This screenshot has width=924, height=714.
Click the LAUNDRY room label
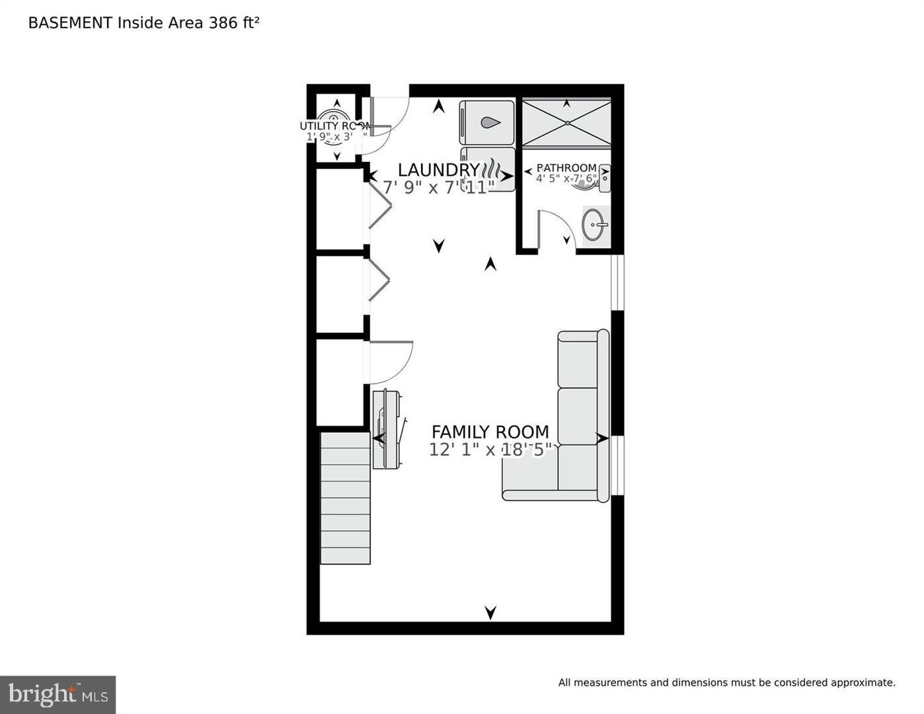[x=438, y=170]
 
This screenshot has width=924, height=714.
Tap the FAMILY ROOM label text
[x=490, y=432]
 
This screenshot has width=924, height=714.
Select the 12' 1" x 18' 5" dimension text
[x=490, y=450]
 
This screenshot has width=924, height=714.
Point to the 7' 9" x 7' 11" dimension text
[x=438, y=188]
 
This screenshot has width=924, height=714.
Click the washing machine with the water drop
[x=487, y=122]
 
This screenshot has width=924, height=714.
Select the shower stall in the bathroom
[x=566, y=122]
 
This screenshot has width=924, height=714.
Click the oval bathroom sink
[x=595, y=225]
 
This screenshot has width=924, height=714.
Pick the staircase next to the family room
[x=345, y=498]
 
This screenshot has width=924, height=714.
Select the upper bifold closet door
[x=379, y=204]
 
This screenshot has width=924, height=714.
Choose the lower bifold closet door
[x=379, y=279]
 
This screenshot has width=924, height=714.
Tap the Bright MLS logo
[x=58, y=695]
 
